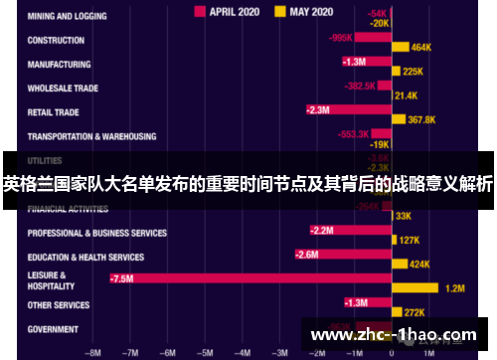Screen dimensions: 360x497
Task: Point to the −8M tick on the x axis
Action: click(x=93, y=352)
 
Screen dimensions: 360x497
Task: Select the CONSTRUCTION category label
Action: click(x=56, y=41)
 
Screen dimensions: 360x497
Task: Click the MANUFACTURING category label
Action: click(x=60, y=65)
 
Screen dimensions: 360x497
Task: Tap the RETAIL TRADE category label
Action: click(x=54, y=112)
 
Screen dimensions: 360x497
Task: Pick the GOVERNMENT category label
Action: click(x=53, y=328)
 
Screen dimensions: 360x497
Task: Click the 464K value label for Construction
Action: click(x=421, y=47)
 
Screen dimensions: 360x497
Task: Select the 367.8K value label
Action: click(x=422, y=119)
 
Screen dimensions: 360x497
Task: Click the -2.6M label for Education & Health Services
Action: click(x=306, y=255)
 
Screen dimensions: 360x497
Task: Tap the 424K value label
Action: click(x=419, y=264)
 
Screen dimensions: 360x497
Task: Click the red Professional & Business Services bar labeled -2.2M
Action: click(x=349, y=231)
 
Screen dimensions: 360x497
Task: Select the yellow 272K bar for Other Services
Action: click(x=396, y=311)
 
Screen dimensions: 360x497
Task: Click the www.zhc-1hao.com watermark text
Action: click(x=395, y=335)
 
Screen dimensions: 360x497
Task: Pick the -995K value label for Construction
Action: click(x=340, y=38)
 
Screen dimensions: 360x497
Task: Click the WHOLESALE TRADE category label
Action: click(x=63, y=89)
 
